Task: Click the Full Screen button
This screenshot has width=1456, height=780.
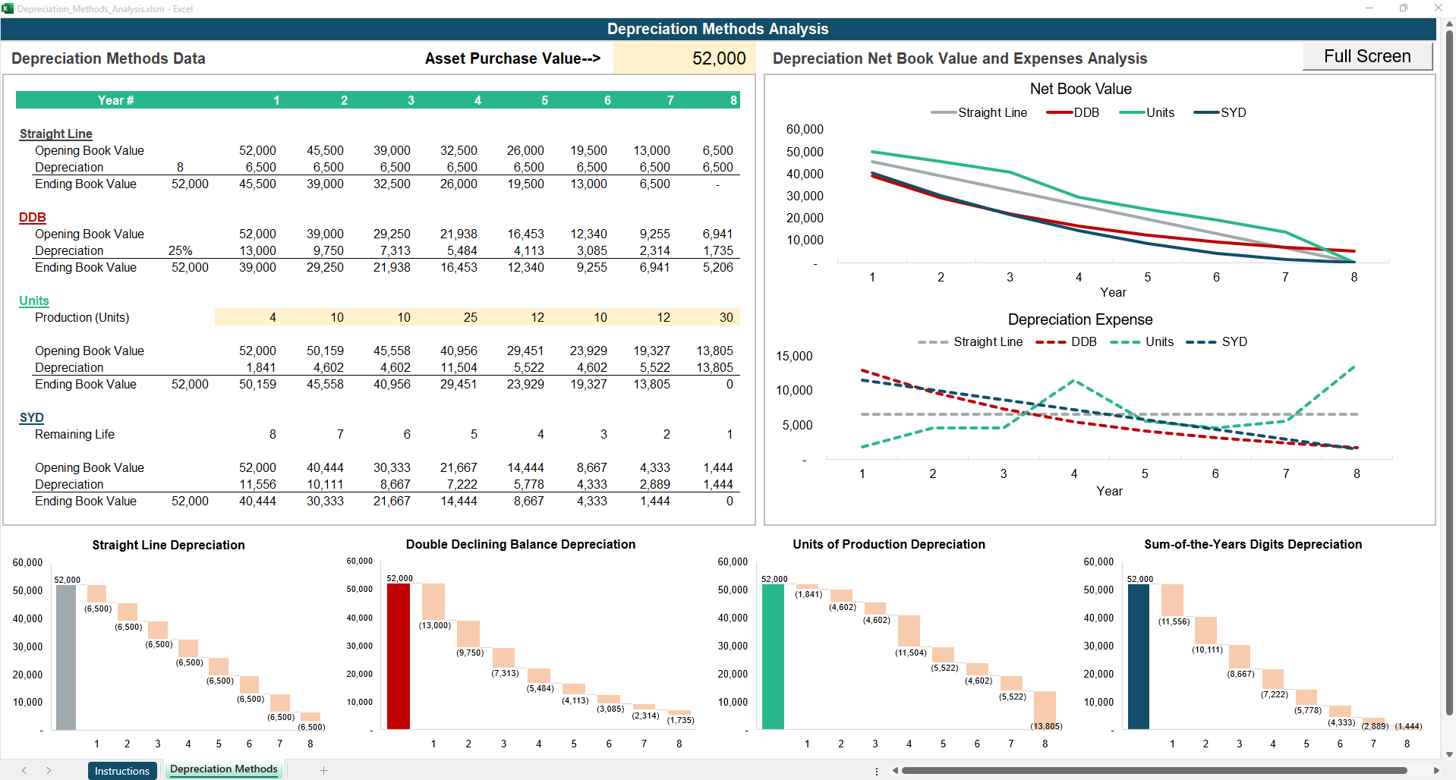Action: (x=1366, y=57)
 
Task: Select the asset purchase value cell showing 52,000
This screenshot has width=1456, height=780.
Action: (x=685, y=58)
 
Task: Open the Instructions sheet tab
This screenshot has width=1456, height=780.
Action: (x=122, y=770)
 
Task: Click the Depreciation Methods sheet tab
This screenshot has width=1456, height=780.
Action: (x=224, y=769)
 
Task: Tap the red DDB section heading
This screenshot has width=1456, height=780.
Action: (x=33, y=217)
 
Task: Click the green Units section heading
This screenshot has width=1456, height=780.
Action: (x=34, y=300)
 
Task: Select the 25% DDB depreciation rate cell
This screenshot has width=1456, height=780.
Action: (x=181, y=250)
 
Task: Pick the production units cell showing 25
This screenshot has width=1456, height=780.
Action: (x=470, y=317)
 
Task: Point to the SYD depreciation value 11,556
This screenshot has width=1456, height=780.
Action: (x=257, y=484)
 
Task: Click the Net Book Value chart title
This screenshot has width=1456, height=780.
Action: (x=1080, y=89)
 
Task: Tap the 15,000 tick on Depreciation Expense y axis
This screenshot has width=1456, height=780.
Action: (x=793, y=356)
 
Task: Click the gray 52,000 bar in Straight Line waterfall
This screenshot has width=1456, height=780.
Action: (x=66, y=657)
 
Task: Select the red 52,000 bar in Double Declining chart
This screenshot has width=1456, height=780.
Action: (x=399, y=657)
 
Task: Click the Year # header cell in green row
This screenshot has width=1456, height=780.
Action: (x=115, y=100)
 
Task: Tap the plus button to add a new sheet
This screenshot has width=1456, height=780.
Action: (x=323, y=770)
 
